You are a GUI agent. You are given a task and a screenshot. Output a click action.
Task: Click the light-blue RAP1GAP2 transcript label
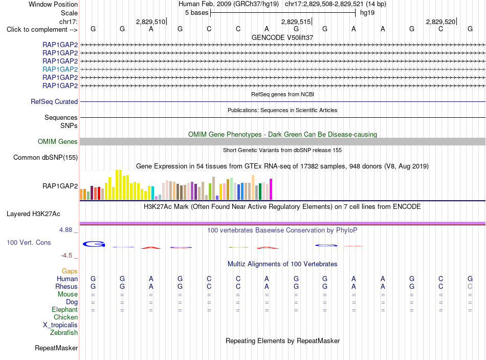[60, 69]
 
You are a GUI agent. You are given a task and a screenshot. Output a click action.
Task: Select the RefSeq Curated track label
[54, 101]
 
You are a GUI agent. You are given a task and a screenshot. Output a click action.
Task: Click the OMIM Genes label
[58, 141]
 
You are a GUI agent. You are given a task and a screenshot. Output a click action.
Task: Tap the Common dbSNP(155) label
[46, 157]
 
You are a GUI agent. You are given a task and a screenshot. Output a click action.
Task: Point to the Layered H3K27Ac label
[33, 214]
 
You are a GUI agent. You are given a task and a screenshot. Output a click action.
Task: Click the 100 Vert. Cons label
[29, 242]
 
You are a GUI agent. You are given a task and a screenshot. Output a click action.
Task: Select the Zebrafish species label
[64, 333]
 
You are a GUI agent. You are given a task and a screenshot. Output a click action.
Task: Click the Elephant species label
[65, 310]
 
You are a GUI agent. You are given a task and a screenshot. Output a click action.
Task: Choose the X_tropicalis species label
[60, 325]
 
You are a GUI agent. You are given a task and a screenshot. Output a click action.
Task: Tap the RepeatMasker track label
[56, 348]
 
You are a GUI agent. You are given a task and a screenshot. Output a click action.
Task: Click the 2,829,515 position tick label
[296, 22]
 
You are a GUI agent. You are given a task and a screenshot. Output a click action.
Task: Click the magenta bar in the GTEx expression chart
[271, 189]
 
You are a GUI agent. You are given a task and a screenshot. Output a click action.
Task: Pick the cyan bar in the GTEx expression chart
[152, 193]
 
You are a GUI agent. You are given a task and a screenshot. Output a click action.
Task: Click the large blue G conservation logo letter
[94, 244]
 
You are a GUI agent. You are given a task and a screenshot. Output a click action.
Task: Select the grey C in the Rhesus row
[470, 286]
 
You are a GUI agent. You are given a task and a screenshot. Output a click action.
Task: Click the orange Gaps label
[70, 271]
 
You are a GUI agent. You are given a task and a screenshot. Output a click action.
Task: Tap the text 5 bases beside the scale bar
[197, 13]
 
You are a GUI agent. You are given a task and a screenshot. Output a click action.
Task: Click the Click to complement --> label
[42, 30]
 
